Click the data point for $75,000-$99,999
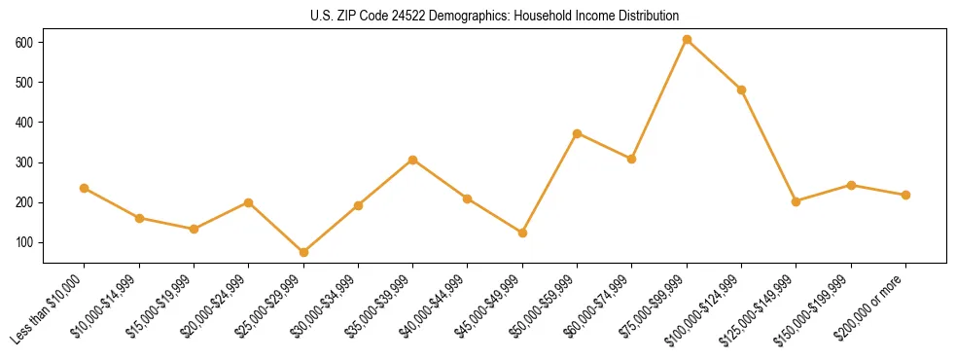pos(687,40)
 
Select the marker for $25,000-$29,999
pos(303,252)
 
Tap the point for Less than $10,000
pos(85,188)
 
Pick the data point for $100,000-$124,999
pos(741,90)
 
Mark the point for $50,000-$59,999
pos(577,133)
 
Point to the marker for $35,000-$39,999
pos(413,160)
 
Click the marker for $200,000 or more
pos(905,195)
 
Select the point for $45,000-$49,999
pos(522,233)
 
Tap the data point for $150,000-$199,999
pos(851,185)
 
